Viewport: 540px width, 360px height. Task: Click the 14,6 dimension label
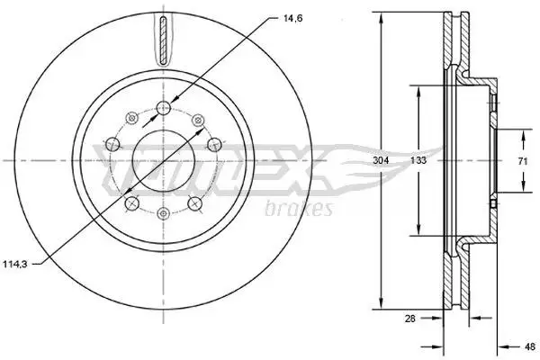[292, 19]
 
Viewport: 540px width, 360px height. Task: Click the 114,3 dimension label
[14, 265]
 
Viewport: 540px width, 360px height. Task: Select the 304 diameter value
[381, 160]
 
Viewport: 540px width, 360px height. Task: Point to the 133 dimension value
[418, 160]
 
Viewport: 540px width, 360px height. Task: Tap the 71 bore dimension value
[523, 160]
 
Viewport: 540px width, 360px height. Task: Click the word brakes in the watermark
[299, 208]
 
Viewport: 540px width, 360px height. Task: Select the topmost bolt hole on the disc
[164, 108]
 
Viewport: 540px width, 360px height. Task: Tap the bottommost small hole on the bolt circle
[163, 213]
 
